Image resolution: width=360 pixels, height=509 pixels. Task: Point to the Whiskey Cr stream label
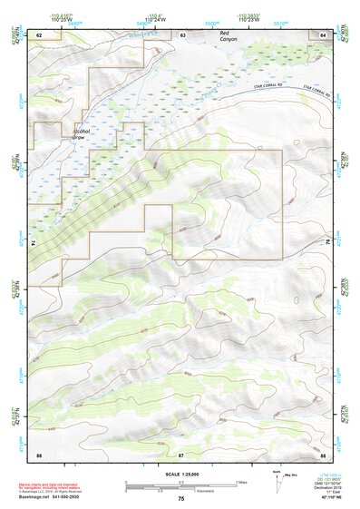[x=141, y=35]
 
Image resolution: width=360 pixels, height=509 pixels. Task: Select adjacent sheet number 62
[x=39, y=34]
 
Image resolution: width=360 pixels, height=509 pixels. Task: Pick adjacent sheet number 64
[x=323, y=34]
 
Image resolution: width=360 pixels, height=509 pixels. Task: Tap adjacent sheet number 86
[x=39, y=453]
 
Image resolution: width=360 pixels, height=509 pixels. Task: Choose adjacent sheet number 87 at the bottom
[x=181, y=453]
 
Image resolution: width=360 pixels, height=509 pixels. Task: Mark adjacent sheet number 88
[x=323, y=453]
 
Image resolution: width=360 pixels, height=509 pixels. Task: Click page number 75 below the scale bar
[x=180, y=499]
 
